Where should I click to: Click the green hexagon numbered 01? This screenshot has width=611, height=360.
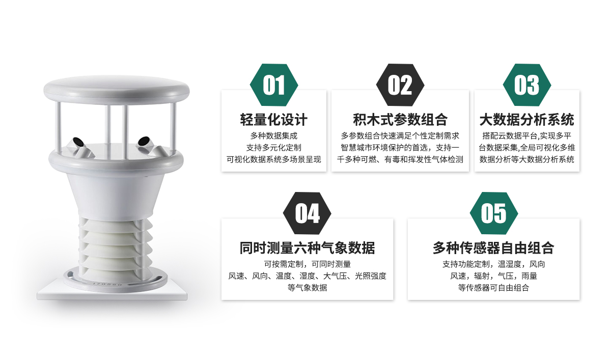tap(274, 85)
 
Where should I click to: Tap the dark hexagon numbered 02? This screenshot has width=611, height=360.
tap(400, 85)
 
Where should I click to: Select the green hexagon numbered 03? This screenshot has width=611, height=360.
tap(527, 85)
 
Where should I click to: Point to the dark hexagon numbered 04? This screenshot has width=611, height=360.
tap(307, 213)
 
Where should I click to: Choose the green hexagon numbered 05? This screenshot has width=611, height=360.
tap(494, 213)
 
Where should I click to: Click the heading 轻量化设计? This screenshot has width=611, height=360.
tap(274, 120)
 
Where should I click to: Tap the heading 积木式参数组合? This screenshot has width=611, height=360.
tap(400, 120)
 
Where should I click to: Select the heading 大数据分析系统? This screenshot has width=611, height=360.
tap(527, 120)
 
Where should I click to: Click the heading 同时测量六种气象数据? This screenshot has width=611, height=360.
tap(307, 248)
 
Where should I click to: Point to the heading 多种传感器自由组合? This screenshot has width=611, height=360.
tap(494, 248)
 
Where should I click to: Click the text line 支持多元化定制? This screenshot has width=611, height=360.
tap(274, 148)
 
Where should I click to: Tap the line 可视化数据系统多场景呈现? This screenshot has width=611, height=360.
tap(274, 159)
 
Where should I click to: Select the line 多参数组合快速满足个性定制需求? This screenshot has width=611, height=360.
tap(400, 135)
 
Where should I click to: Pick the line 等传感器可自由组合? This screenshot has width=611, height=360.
tap(494, 288)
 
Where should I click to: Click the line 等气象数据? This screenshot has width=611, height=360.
tap(307, 288)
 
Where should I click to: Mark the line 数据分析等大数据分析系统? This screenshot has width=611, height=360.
tap(527, 159)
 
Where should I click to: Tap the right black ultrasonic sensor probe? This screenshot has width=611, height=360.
tap(144, 141)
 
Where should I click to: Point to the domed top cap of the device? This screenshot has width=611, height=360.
tap(117, 90)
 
